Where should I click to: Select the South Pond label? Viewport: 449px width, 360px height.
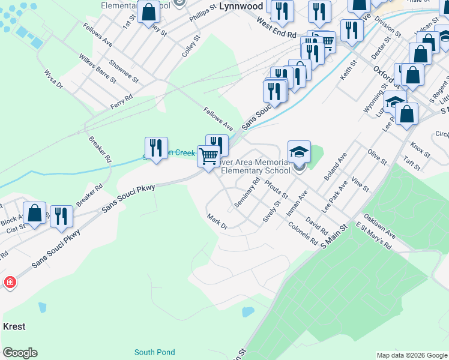(154, 352)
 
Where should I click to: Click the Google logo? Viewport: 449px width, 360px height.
(20, 353)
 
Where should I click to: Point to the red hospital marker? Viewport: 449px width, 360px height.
(10, 281)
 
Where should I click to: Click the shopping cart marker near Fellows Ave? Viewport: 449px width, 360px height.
(208, 157)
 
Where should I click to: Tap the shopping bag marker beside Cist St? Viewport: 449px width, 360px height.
(35, 214)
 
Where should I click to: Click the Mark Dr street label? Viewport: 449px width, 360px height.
(217, 221)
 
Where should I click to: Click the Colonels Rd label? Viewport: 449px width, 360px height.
(303, 234)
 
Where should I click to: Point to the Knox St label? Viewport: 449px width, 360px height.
(420, 149)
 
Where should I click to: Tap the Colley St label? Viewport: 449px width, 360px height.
(191, 46)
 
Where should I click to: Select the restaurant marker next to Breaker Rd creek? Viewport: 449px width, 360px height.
(156, 149)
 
